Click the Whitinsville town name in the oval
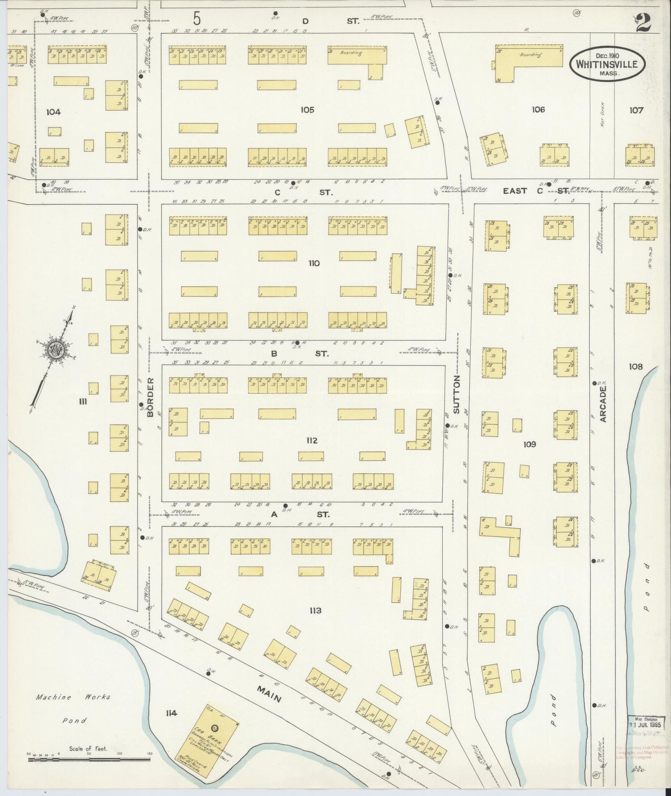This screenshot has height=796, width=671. pyautogui.click(x=607, y=64)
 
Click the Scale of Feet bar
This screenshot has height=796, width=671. pyautogui.click(x=88, y=760)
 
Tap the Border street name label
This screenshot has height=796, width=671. pyautogui.click(x=150, y=398)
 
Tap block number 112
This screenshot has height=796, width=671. pyautogui.click(x=312, y=440)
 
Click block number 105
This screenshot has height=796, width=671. pyautogui.click(x=307, y=110)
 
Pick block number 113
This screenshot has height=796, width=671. pyautogui.click(x=315, y=610)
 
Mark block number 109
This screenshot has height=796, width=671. pyautogui.click(x=529, y=444)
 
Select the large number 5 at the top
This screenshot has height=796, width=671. pyautogui.click(x=197, y=19)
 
